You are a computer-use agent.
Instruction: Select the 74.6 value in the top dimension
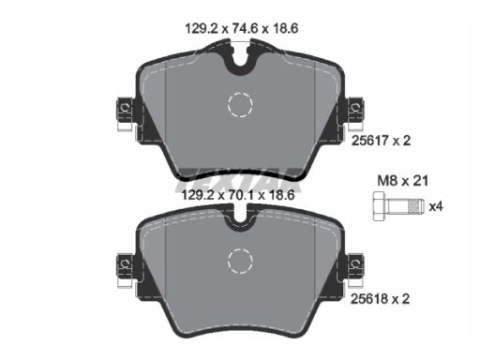[245, 29]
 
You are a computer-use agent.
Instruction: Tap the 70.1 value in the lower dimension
[241, 196]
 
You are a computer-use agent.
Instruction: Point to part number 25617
[370, 141]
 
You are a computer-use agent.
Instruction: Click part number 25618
[369, 299]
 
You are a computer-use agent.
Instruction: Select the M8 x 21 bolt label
[403, 181]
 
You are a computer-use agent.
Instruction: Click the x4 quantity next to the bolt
[436, 206]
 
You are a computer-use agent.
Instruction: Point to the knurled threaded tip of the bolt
[415, 206]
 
